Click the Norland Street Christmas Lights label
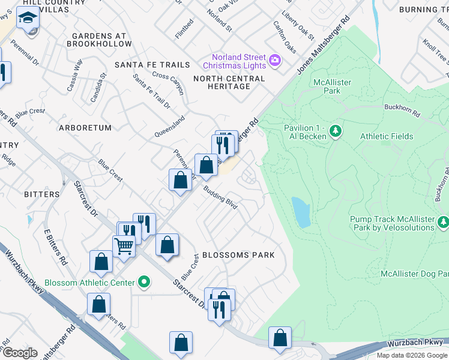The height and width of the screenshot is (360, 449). [x=234, y=60]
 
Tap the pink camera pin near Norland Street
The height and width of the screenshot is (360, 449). [x=275, y=59]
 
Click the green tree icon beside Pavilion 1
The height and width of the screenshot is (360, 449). [x=336, y=130]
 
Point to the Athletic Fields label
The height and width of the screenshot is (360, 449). [x=387, y=136]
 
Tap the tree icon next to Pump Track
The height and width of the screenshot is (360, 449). [x=444, y=223]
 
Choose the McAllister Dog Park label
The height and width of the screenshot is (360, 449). [x=414, y=274]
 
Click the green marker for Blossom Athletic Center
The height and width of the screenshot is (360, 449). [x=144, y=281]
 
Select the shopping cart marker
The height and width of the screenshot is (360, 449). [x=124, y=245]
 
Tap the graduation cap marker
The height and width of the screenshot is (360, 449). [x=28, y=20]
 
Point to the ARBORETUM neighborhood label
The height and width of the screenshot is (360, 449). [x=85, y=128]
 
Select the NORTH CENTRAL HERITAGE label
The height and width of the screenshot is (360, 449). [x=229, y=83]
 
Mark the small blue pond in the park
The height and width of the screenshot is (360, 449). [x=301, y=212]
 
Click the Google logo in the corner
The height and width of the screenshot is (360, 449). [x=20, y=353]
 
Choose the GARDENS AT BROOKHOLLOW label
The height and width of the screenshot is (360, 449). [x=99, y=40]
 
